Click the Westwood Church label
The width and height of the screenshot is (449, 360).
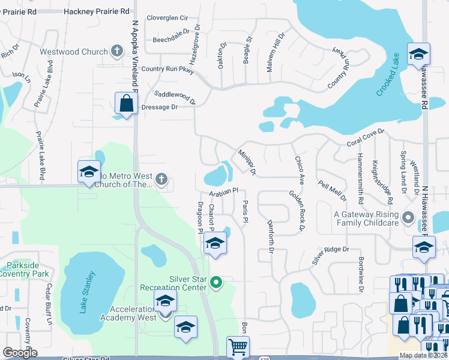click(x=73, y=52)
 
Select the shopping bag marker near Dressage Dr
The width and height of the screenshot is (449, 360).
click(x=127, y=103)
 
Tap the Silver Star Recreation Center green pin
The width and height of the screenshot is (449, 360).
click(x=218, y=281)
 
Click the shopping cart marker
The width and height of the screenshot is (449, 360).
click(x=238, y=346)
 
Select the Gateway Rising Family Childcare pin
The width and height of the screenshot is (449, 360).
click(x=409, y=218)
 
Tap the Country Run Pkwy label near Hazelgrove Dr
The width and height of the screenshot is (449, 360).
click(x=169, y=69)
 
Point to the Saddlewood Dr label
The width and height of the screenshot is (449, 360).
click(x=175, y=97)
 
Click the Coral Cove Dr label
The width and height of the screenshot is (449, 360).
click(x=365, y=141)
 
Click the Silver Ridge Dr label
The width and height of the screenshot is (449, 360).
click(x=330, y=256)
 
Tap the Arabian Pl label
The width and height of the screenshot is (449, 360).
click(x=224, y=193)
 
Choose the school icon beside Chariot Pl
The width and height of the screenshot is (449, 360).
click(x=215, y=244)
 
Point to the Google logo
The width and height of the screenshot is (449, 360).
click(x=20, y=353)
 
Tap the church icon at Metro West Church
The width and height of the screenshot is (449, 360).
click(x=161, y=179)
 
